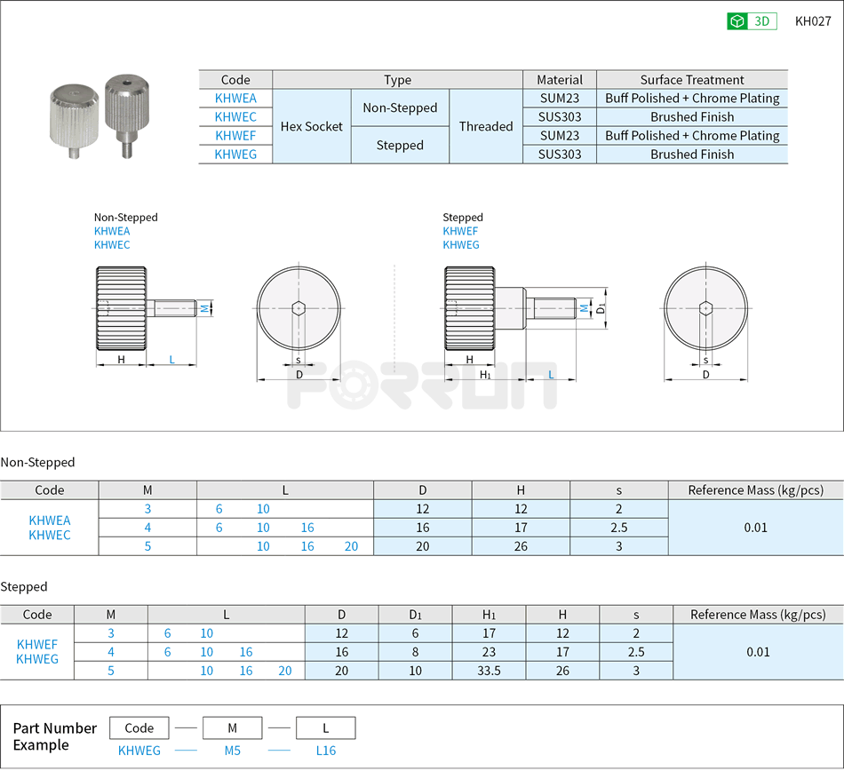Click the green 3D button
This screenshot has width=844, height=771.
(752, 21)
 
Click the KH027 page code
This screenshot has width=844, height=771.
(813, 21)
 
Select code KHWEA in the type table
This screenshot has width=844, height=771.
(235, 99)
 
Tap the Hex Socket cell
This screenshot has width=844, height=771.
(312, 126)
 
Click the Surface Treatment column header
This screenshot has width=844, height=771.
(692, 80)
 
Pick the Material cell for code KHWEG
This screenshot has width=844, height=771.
(560, 155)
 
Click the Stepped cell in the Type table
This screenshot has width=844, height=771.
(400, 145)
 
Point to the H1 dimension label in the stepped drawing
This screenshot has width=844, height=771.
(486, 375)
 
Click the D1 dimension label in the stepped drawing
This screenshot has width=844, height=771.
(601, 308)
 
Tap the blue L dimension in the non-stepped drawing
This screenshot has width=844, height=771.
(171, 360)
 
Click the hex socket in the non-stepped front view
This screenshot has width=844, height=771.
(299, 307)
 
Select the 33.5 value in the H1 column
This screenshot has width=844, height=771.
(489, 671)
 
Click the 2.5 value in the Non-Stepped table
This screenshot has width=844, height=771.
(618, 528)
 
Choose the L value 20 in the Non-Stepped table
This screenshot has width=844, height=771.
(351, 546)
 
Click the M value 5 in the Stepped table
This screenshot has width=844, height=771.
(111, 671)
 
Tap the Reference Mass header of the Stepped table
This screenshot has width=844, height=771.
(758, 615)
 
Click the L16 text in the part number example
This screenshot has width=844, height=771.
(326, 751)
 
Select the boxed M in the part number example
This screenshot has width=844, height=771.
(232, 727)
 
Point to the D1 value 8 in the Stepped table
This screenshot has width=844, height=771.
(416, 652)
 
